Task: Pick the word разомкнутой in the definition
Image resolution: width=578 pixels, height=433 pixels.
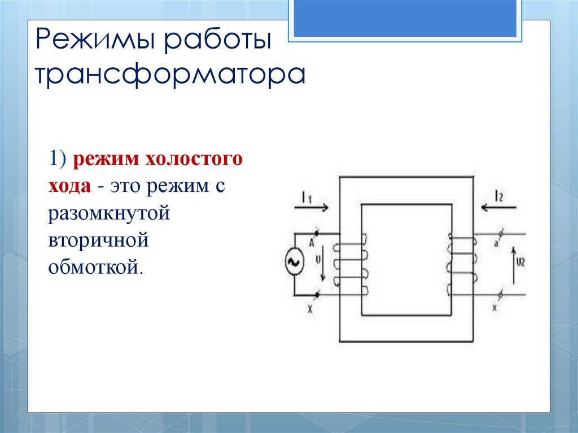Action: tap(109, 212)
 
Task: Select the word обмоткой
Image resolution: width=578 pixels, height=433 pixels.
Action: tap(93, 265)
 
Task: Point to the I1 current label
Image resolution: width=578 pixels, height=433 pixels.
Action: tap(306, 197)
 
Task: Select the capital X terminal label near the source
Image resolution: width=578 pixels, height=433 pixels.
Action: tap(309, 310)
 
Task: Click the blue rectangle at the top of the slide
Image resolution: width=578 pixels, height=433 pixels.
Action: tap(405, 18)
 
